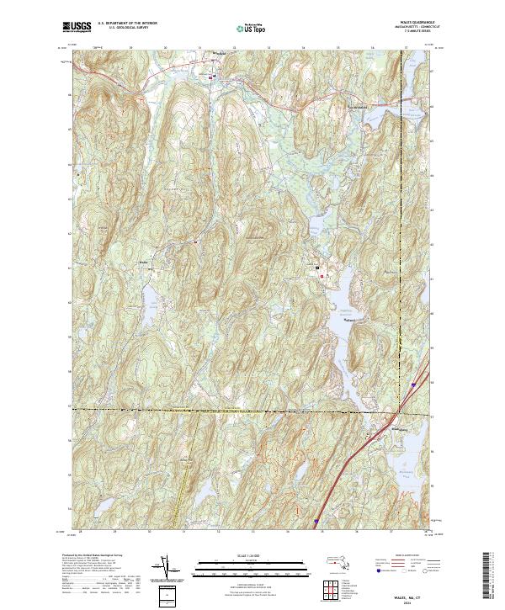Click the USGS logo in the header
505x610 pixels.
pyautogui.click(x=77, y=27)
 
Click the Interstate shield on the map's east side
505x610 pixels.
pyautogui.click(x=413, y=384)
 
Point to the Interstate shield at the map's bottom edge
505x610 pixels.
pyautogui.click(x=317, y=522)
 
